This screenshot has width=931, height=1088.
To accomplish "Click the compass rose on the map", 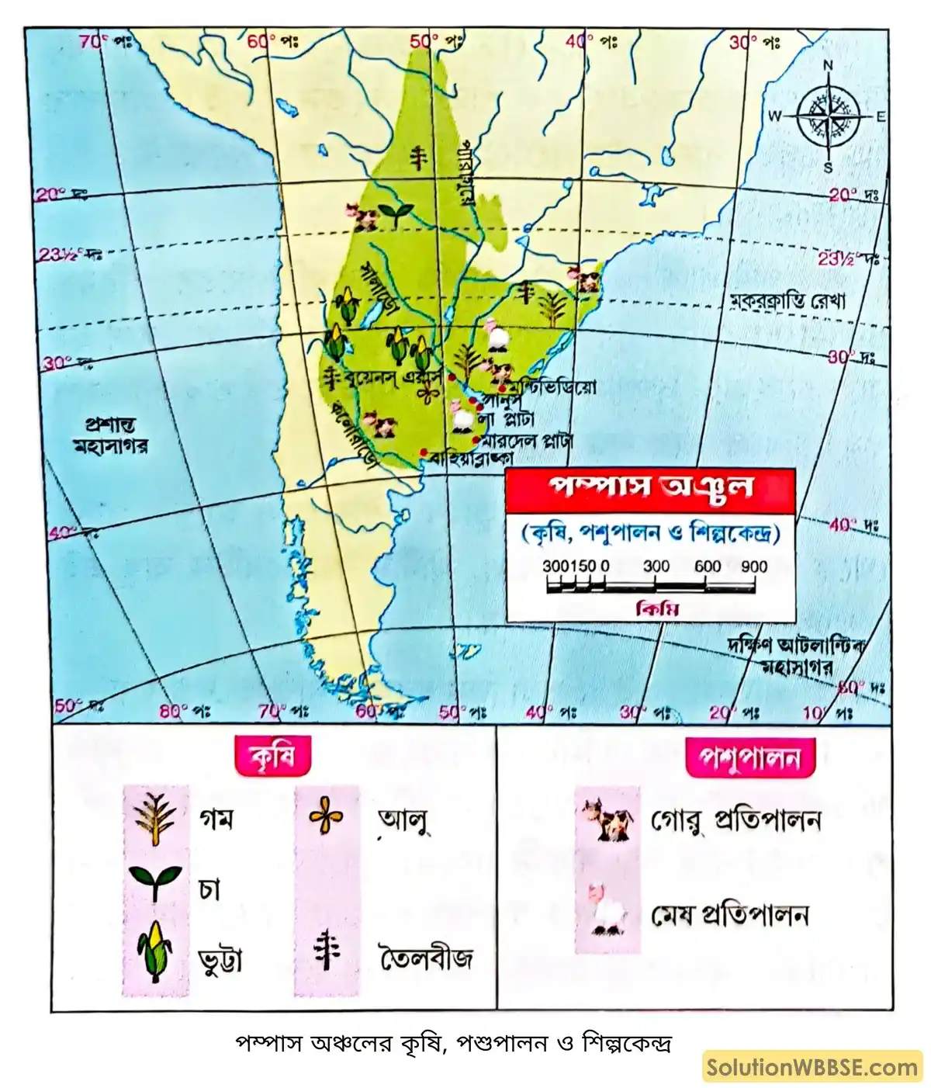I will coord(828,117).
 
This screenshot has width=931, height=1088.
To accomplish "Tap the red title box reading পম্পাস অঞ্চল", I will coord(650,490).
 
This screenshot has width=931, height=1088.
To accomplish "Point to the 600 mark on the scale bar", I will coord(707,567).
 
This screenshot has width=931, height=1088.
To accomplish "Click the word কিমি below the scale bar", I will coord(656,609).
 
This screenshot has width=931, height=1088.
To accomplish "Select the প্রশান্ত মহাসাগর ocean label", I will coord(111,436).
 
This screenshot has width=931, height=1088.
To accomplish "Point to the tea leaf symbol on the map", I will coord(396,213).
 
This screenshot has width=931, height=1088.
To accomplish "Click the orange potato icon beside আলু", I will coord(327,817).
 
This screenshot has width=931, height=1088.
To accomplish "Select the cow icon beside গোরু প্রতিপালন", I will coord(607,819).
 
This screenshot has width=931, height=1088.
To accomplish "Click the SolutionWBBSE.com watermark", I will coord(812,1067).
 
